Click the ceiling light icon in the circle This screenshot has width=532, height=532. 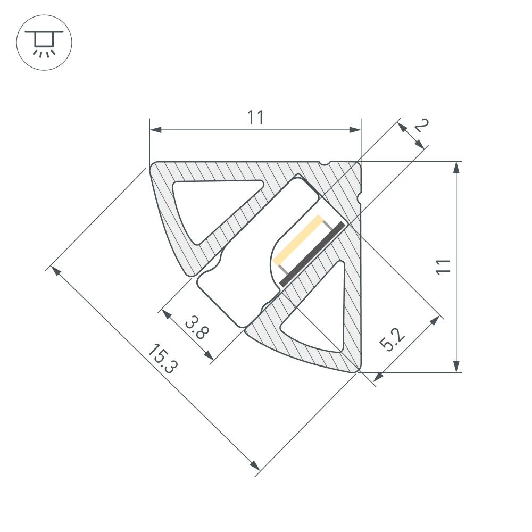(44, 44)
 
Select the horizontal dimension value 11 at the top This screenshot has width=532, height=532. (255, 118)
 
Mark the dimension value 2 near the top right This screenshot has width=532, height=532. (421, 126)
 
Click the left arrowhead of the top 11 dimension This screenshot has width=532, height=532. (155, 130)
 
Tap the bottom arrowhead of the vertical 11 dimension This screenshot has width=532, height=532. (456, 367)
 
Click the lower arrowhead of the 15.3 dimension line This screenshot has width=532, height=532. (254, 465)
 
